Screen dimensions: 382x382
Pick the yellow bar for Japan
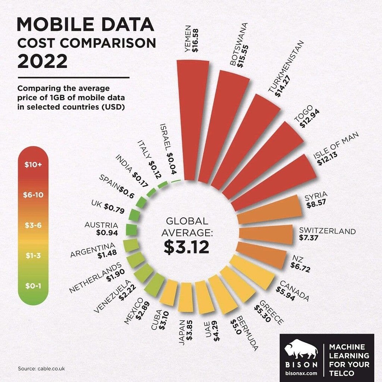point(185,297)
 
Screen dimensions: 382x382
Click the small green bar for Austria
point(131,229)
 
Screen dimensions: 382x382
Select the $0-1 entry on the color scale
point(33,286)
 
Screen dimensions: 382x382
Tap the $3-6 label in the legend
point(33,226)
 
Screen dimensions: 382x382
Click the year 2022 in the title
point(42,61)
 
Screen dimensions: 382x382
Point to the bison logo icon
point(301,349)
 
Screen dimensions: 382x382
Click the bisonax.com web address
point(301,372)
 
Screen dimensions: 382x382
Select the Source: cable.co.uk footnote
point(41,368)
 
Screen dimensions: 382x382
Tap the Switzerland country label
point(327,231)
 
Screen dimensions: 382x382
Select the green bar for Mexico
point(154,284)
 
